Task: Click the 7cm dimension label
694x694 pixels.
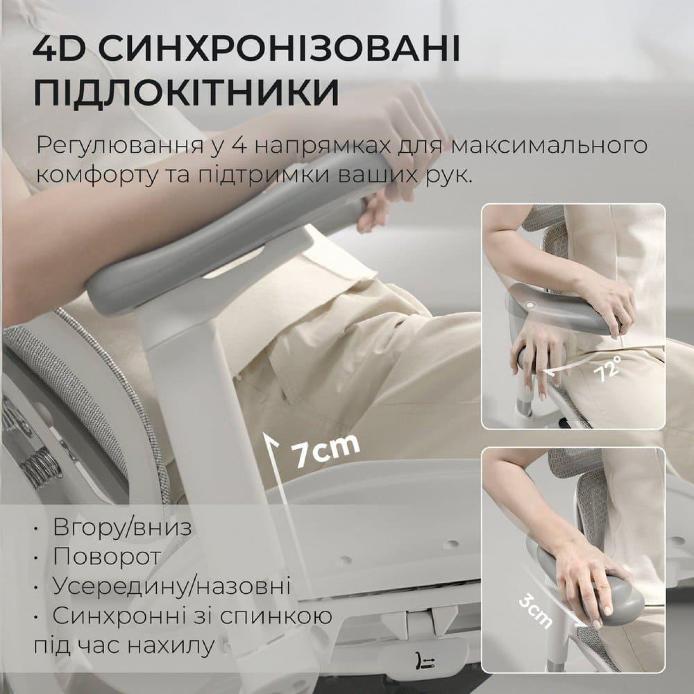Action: (x=325, y=450)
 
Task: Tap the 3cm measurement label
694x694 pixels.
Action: (x=535, y=611)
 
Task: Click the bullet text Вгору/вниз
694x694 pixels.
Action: (x=122, y=527)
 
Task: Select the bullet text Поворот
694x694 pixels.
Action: (x=107, y=556)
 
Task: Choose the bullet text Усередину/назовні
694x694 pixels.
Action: (x=172, y=586)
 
